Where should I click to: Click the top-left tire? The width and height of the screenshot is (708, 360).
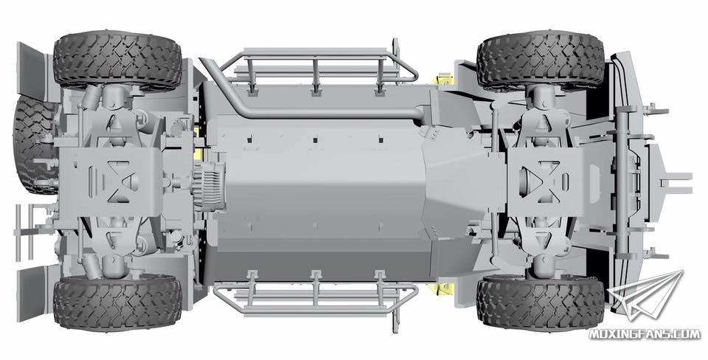pyautogui.click(x=117, y=60)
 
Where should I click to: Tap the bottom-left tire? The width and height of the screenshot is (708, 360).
pyautogui.click(x=117, y=302)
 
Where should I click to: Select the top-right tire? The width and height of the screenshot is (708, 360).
pyautogui.click(x=541, y=59)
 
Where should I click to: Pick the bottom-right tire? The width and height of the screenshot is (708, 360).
pyautogui.click(x=541, y=302)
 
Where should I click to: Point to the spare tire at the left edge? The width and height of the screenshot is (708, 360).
pyautogui.click(x=34, y=145)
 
